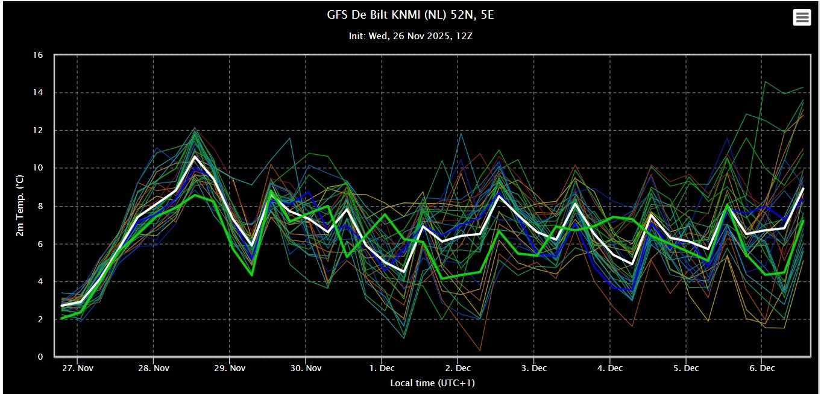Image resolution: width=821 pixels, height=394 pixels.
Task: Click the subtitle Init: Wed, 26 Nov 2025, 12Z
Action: click(x=410, y=36)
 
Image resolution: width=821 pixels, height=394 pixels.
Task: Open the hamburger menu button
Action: click(x=802, y=17)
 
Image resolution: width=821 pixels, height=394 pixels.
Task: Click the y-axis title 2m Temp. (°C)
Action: click(x=20, y=205)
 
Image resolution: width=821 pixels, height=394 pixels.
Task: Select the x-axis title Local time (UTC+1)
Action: click(x=432, y=383)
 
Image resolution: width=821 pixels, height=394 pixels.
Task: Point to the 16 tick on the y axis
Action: click(x=38, y=55)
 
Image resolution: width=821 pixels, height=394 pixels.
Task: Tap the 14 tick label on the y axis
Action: click(x=38, y=92)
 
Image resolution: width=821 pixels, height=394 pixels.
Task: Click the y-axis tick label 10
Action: click(x=38, y=167)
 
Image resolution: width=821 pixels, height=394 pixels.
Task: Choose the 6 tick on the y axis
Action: click(x=40, y=243)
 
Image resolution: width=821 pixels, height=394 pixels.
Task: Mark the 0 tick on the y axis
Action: click(x=40, y=357)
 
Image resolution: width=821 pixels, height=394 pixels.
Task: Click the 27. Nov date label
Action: click(x=78, y=368)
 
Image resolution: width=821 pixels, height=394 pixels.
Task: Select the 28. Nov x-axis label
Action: click(x=154, y=368)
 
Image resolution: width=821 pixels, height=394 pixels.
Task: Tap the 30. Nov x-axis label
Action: click(x=306, y=368)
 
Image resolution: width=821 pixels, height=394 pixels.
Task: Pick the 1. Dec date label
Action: click(x=382, y=368)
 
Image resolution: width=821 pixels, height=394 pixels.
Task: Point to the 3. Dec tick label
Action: click(x=534, y=368)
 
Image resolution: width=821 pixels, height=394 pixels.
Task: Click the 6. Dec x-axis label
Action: click(x=762, y=368)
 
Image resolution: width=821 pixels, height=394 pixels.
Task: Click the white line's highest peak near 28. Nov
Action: click(x=195, y=157)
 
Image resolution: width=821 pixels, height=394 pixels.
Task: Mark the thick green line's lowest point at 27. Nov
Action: click(x=61, y=319)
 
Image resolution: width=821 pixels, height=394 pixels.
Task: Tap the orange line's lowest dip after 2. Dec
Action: click(x=480, y=351)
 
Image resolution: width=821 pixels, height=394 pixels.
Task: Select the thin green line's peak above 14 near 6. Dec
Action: click(x=765, y=82)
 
